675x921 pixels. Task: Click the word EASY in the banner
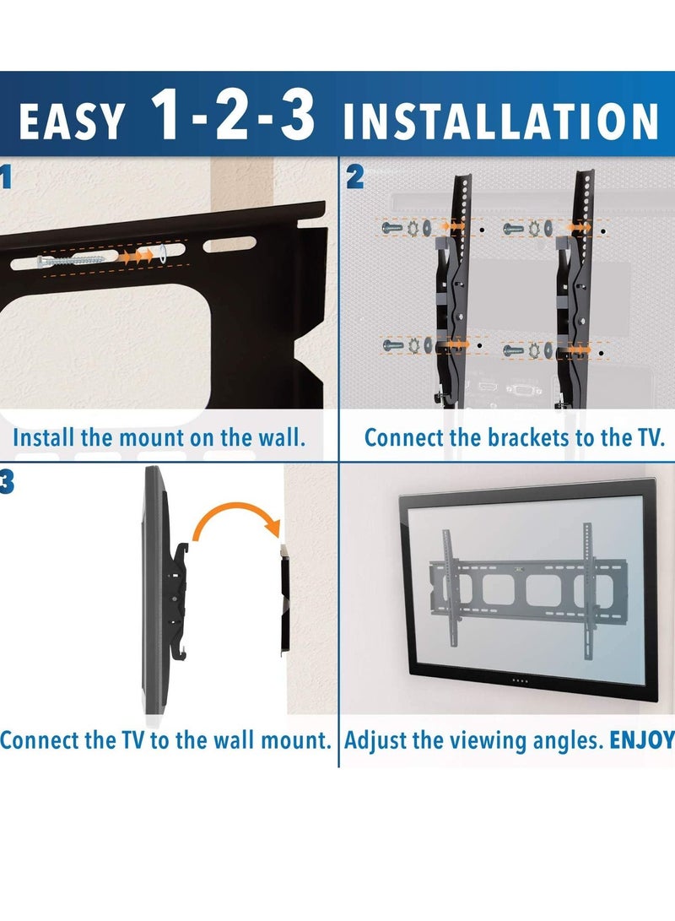click(x=72, y=122)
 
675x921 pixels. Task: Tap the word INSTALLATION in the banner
click(x=499, y=122)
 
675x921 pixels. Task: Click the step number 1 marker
click(x=7, y=177)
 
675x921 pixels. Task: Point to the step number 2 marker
click(x=355, y=177)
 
